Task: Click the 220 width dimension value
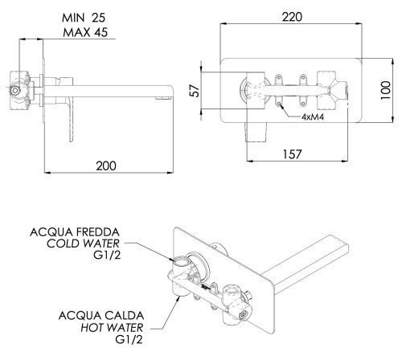(x=292, y=17)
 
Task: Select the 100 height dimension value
(x=386, y=90)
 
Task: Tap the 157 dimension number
(x=292, y=154)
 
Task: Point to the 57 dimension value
(x=195, y=91)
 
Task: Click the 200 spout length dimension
(x=106, y=166)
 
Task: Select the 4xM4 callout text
(x=313, y=117)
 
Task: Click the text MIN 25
(x=84, y=18)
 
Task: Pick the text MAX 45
(x=85, y=32)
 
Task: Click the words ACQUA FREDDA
(x=75, y=232)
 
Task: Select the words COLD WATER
(x=83, y=243)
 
